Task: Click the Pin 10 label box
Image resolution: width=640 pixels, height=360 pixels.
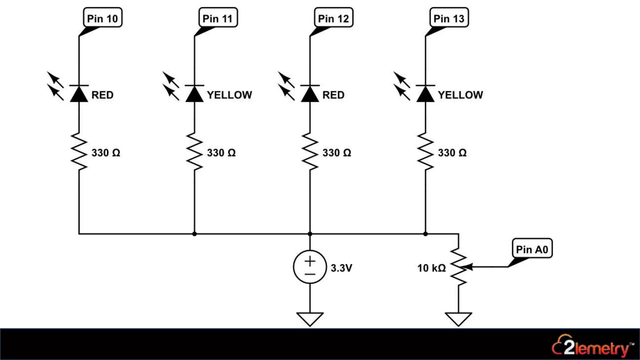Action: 102,18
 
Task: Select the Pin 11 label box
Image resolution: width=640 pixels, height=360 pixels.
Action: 218,18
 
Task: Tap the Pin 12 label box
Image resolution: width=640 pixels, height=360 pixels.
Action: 333,18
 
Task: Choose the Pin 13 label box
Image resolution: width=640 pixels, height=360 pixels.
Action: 449,18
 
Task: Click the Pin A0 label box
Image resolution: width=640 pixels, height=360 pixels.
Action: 532,249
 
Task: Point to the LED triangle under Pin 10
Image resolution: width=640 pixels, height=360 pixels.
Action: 79,94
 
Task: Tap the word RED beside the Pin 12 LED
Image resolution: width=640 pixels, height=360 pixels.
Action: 333,95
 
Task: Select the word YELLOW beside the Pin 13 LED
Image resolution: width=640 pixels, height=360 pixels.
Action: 460,95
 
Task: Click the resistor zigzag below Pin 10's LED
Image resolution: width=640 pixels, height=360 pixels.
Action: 79,152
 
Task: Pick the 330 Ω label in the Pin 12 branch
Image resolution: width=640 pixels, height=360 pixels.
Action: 337,153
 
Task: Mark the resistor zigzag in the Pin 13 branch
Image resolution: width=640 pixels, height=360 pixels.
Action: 425,152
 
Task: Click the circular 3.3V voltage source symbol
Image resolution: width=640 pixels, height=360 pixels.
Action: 310,267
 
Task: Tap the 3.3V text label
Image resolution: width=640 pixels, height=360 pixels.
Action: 341,268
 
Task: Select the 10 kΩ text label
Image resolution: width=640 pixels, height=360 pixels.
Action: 431,268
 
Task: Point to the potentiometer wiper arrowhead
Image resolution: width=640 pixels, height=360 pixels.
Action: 468,267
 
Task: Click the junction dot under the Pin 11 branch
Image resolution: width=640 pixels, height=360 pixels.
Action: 194,234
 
